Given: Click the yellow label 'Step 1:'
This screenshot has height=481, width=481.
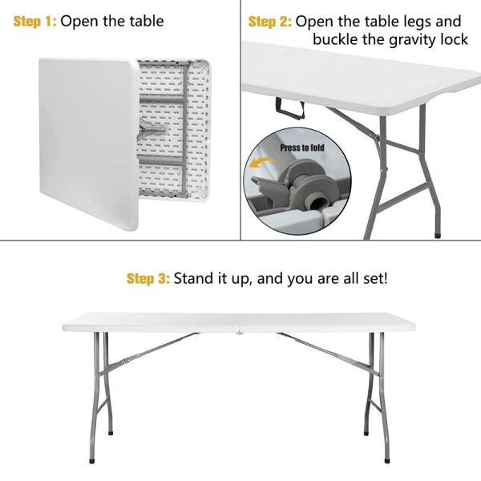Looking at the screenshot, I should [34, 22].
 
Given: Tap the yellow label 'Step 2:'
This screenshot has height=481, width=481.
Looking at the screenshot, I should [270, 22].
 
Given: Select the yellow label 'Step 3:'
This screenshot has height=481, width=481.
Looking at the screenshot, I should [148, 279].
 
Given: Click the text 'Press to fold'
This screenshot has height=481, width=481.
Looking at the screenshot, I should [302, 148].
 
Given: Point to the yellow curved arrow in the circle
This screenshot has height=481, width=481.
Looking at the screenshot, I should [261, 165].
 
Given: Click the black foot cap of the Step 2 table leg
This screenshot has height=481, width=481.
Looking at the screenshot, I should [436, 235].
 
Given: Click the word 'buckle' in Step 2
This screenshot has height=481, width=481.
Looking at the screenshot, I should [335, 39].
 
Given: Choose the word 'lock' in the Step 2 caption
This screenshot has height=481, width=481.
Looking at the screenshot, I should [451, 39].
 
